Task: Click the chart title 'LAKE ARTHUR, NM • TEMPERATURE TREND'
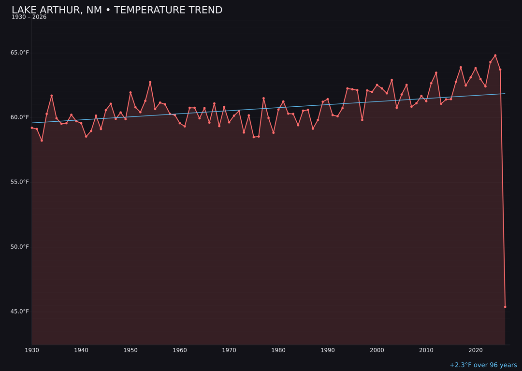(117, 10)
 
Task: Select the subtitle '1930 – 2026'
(29, 17)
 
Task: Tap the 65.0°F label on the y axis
(20, 53)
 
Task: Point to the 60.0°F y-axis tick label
(20, 117)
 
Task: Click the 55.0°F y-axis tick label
(20, 182)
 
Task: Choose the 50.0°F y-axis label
(20, 247)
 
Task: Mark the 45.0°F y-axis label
(20, 312)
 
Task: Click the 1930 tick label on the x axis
(32, 350)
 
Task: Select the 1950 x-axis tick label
(130, 350)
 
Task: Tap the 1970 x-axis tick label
(229, 350)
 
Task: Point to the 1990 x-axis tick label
(328, 350)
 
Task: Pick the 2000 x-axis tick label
(377, 350)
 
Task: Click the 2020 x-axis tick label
(476, 350)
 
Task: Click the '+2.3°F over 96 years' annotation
(483, 365)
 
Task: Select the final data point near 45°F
(505, 307)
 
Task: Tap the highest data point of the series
(495, 56)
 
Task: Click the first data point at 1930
(32, 128)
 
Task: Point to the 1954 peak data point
(150, 82)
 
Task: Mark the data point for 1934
(52, 96)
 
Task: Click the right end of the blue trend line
(505, 94)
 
